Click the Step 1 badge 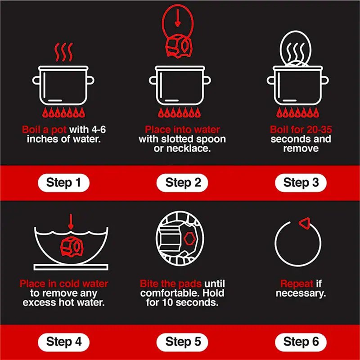pyautogui.click(x=63, y=183)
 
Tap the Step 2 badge pyautogui.click(x=182, y=183)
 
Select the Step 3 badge pyautogui.click(x=301, y=183)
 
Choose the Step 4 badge pyautogui.click(x=63, y=342)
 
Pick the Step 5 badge pyautogui.click(x=182, y=342)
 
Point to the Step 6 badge pyautogui.click(x=301, y=342)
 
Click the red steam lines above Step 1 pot pyautogui.click(x=63, y=52)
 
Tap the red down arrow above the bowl pyautogui.click(x=71, y=221)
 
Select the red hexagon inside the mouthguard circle pyautogui.click(x=189, y=239)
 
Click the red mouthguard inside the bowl pyautogui.click(x=72, y=247)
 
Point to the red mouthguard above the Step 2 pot pyautogui.click(x=179, y=46)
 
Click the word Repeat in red pyautogui.click(x=297, y=284)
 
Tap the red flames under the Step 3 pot pyautogui.click(x=297, y=112)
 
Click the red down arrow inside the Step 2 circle pyautogui.click(x=177, y=21)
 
